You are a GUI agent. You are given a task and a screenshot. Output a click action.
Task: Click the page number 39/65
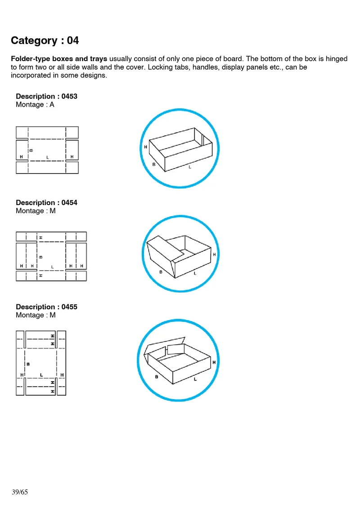click(x=20, y=492)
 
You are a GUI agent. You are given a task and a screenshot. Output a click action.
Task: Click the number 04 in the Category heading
click(x=73, y=40)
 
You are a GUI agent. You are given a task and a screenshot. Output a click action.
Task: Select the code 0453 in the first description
click(x=69, y=96)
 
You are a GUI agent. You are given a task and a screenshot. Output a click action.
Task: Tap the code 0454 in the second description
click(x=69, y=202)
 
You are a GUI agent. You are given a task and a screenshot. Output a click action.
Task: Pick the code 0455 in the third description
click(x=69, y=307)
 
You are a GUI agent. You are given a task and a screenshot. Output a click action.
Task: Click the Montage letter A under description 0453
click(x=52, y=105)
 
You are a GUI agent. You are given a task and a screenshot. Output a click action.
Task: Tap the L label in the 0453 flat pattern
click(x=48, y=157)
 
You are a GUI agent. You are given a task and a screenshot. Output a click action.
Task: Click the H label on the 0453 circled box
click(x=146, y=147)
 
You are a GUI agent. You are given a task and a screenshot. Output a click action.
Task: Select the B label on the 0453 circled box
click(x=154, y=164)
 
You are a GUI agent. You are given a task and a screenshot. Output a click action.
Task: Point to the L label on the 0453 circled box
click(x=190, y=167)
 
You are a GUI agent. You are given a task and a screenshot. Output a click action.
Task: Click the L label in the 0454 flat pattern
click(x=53, y=267)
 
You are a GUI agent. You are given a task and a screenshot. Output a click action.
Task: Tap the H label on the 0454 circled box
click(x=214, y=254)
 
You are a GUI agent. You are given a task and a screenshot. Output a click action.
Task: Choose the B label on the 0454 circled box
click(x=161, y=272)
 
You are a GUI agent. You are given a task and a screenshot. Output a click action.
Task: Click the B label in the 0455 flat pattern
click(x=28, y=364)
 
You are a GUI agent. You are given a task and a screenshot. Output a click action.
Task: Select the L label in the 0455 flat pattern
click(x=41, y=375)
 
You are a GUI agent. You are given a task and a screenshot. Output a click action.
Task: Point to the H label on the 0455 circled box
click(x=214, y=362)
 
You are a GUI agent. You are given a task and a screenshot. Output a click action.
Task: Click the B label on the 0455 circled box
click(x=157, y=377)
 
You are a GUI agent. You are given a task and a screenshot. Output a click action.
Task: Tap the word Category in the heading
click(x=34, y=40)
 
